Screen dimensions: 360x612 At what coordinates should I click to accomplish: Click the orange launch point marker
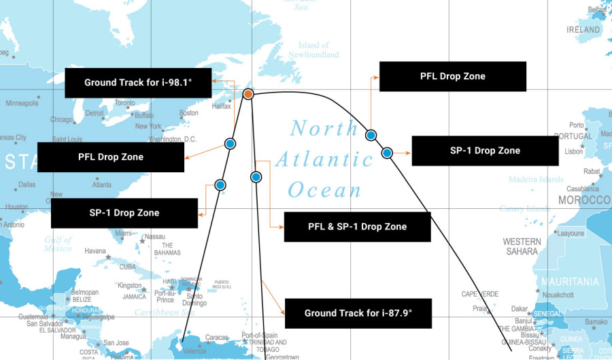pyautogui.click(x=248, y=94)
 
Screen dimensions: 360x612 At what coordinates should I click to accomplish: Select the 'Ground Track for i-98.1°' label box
pyautogui.click(x=138, y=82)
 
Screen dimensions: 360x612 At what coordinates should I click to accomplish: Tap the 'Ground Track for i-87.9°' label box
pyautogui.click(x=358, y=314)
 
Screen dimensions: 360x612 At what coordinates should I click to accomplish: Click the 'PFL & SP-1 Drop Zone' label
pyautogui.click(x=357, y=227)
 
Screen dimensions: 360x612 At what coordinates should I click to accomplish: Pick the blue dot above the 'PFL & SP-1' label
pyautogui.click(x=256, y=177)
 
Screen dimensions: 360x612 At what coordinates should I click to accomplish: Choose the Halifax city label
pyautogui.click(x=222, y=106)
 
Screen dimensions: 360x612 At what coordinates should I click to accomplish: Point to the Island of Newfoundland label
pyautogui.click(x=313, y=50)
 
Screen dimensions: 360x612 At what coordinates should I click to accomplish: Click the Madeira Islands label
pyautogui.click(x=536, y=180)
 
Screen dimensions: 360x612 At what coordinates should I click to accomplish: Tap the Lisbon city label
pyautogui.click(x=573, y=151)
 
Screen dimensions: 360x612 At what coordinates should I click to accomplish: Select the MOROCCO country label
pyautogui.click(x=584, y=200)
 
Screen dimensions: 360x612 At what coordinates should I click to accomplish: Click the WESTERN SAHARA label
pyautogui.click(x=522, y=246)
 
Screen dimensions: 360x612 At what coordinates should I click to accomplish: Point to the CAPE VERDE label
pyautogui.click(x=480, y=294)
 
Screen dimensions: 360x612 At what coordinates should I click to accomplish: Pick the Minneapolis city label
pyautogui.click(x=22, y=103)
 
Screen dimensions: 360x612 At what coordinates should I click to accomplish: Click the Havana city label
pyautogui.click(x=95, y=250)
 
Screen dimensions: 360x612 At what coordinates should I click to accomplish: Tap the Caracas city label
pyautogui.click(x=216, y=337)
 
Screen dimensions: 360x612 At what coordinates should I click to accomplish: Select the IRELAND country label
pyautogui.click(x=583, y=30)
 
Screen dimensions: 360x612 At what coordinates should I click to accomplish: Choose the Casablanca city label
pyautogui.click(x=582, y=189)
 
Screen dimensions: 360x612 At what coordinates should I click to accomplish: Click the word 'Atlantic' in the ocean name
pyautogui.click(x=324, y=160)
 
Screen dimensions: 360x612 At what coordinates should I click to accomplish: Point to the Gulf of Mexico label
pyautogui.click(x=58, y=244)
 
